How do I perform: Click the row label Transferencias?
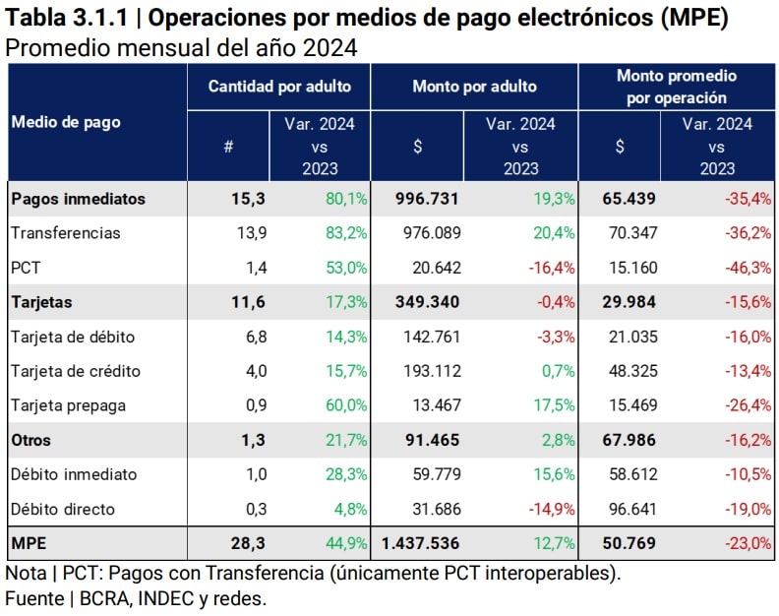(x=65, y=233)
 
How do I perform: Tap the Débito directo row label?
(x=63, y=509)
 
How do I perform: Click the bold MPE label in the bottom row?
(x=29, y=543)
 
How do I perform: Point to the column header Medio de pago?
(x=66, y=122)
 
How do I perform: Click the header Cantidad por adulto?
(x=279, y=87)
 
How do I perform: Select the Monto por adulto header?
(x=474, y=87)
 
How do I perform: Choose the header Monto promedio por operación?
(x=676, y=87)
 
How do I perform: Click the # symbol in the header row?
(x=228, y=147)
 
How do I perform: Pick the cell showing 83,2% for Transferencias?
(x=346, y=233)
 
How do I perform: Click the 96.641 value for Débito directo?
(x=629, y=509)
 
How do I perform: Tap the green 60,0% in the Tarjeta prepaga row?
(x=346, y=405)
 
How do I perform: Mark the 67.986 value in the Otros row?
(x=629, y=440)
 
